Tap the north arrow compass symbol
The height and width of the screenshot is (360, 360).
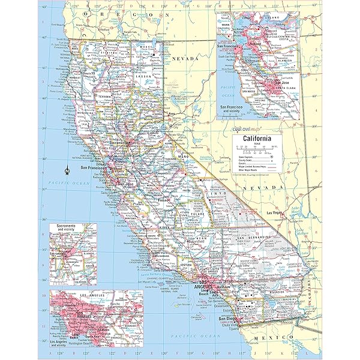click(x=67, y=170)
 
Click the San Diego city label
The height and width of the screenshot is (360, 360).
click(x=221, y=318)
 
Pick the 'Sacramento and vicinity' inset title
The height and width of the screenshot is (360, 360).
click(x=70, y=228)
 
